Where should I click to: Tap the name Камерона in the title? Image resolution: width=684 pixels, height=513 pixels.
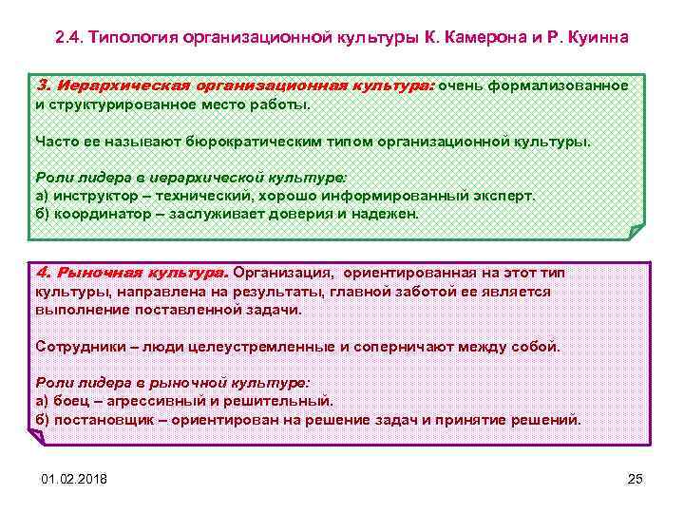[477, 38]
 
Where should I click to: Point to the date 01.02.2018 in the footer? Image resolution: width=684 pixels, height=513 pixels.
[74, 477]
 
